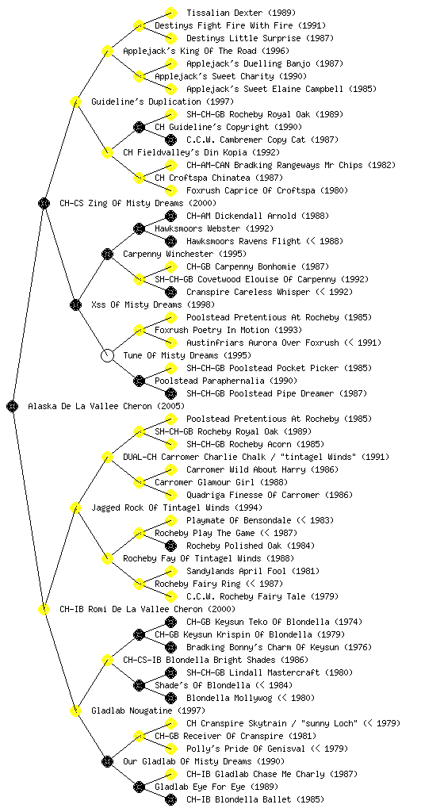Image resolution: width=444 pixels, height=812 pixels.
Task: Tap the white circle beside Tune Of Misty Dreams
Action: (107, 355)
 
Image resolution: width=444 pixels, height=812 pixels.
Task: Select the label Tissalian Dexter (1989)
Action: (241, 13)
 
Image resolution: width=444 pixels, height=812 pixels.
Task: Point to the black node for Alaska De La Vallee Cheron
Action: (13, 406)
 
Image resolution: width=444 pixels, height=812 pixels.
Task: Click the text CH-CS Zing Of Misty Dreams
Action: (121, 203)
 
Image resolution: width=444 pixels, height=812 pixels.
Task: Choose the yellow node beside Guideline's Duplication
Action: (75, 101)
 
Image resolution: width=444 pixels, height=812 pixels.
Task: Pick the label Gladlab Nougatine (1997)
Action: (148, 710)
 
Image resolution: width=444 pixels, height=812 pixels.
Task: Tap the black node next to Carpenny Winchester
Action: (107, 254)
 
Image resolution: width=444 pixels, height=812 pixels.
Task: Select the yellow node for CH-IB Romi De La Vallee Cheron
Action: (44, 609)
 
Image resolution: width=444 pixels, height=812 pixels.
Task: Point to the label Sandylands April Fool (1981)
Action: (253, 571)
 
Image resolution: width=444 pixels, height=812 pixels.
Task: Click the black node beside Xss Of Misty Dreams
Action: (75, 304)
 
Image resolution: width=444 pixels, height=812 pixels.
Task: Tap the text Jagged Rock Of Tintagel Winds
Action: (161, 507)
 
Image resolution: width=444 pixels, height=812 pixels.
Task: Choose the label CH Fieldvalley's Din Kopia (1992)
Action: (201, 152)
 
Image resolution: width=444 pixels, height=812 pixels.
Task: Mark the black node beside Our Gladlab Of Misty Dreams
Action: (107, 761)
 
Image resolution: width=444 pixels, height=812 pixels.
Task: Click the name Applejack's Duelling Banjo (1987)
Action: (265, 63)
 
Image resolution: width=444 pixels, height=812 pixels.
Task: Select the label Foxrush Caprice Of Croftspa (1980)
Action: (267, 190)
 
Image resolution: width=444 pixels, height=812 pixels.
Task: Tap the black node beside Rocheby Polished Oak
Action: (170, 546)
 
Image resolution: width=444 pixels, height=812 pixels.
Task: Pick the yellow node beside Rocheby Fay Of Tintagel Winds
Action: (107, 558)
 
